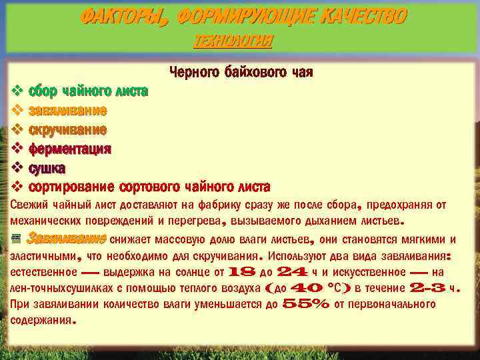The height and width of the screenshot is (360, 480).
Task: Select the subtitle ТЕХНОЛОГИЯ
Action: coord(233,41)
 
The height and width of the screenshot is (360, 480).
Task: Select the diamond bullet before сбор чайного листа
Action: coord(18,90)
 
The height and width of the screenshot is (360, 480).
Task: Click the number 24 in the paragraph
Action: coord(291,272)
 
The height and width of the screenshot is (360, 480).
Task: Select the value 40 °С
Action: coord(317,288)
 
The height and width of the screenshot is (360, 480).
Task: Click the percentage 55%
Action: coord(307,304)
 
